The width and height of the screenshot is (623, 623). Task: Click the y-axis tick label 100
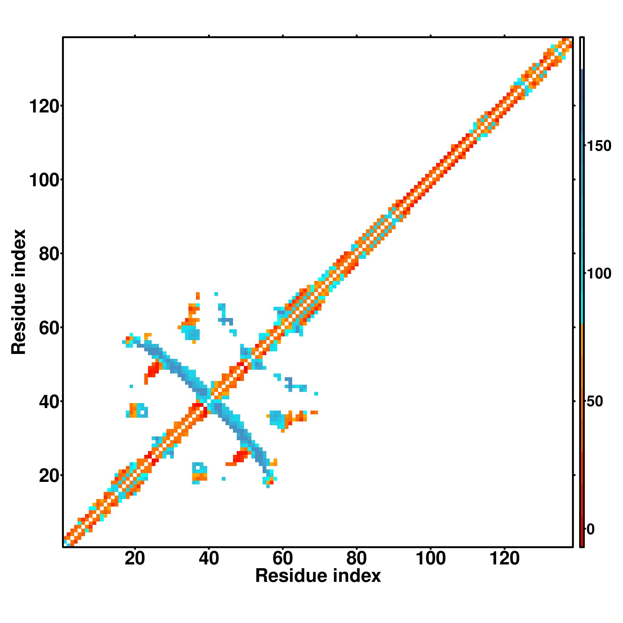44,180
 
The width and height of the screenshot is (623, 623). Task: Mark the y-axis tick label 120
44,107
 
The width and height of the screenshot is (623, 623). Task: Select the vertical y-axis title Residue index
18,292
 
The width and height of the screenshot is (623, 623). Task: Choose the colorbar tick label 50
595,402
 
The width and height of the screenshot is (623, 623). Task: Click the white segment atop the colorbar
582,54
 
